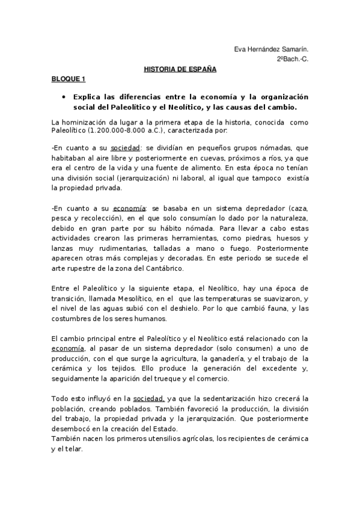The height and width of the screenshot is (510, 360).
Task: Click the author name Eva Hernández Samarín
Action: point(277,50)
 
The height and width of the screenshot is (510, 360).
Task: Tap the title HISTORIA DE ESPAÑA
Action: point(180,69)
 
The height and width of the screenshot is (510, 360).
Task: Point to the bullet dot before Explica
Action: point(63,97)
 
